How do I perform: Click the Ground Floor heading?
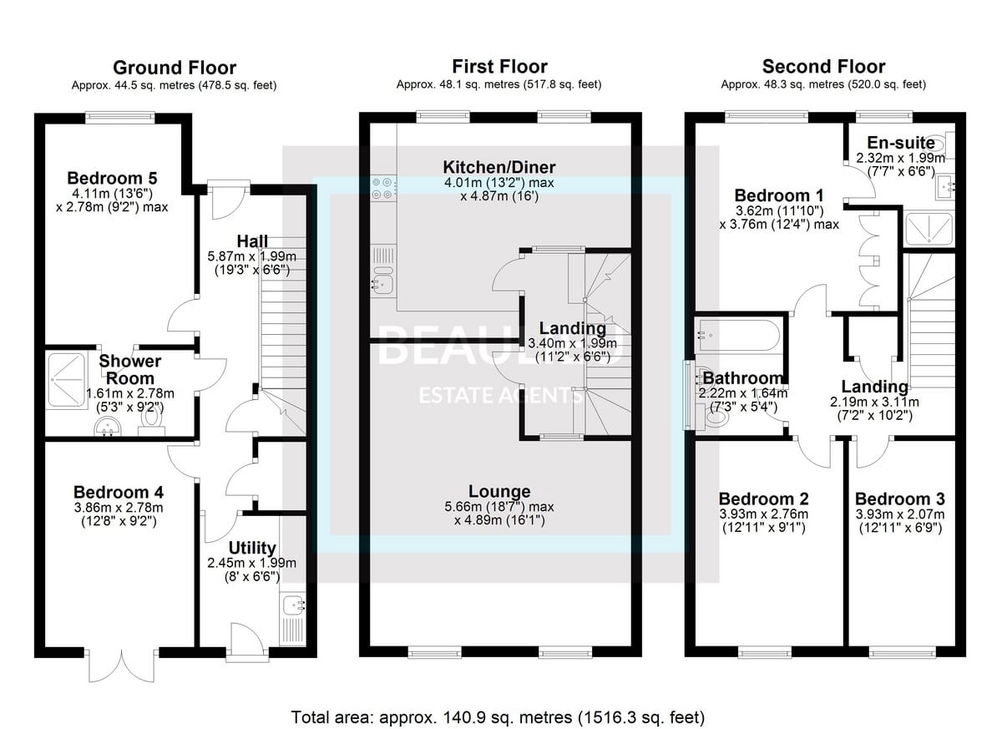tap(175, 68)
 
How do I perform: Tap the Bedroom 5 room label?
tap(112, 178)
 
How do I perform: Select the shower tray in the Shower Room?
tap(67, 381)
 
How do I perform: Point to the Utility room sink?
tap(294, 605)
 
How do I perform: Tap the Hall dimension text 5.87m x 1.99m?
tap(252, 256)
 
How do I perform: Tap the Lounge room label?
tap(499, 491)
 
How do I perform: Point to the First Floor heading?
tap(499, 67)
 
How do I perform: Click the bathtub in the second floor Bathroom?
tap(737, 335)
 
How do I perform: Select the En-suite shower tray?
tap(929, 229)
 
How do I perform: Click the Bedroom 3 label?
tap(900, 499)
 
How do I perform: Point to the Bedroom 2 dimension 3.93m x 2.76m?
tap(764, 514)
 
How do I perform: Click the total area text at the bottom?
tap(498, 717)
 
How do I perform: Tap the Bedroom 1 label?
tap(779, 195)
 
